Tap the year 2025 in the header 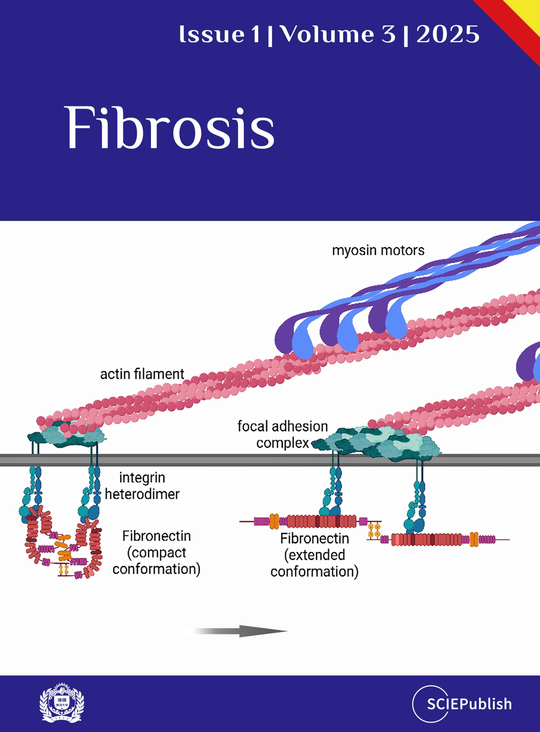point(448,35)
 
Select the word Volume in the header point(327,35)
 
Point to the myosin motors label point(378,250)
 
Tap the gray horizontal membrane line point(270,460)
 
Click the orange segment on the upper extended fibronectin point(274,521)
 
